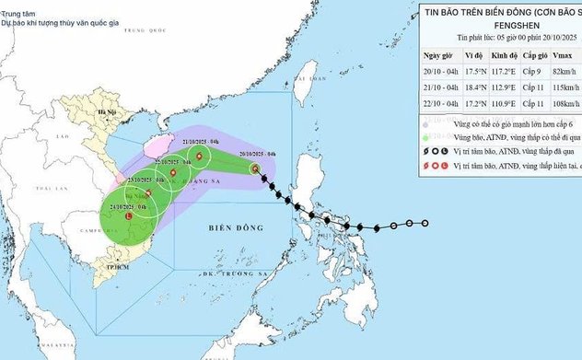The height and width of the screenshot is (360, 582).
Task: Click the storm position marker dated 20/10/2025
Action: [x=255, y=168]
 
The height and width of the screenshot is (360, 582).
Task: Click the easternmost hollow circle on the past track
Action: [x=425, y=223]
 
